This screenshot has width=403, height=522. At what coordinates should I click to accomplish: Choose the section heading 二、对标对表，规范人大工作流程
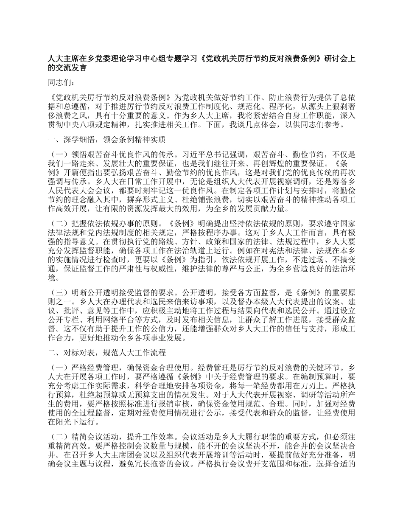pos(107,353)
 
